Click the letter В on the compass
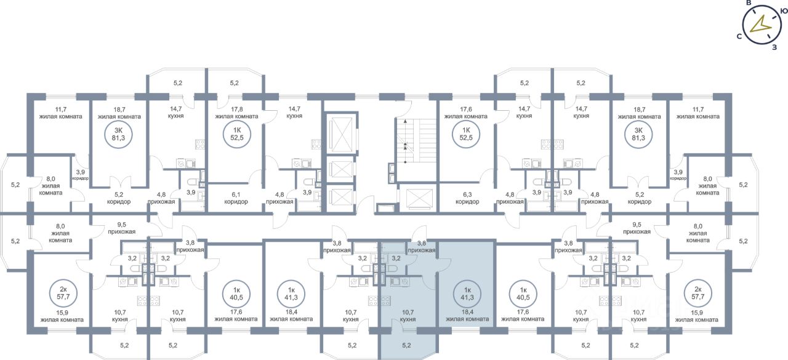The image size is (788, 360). pyautogui.click(x=749, y=3)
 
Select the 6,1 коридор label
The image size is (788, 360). pyautogui.click(x=236, y=197)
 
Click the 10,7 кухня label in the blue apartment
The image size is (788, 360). pyautogui.click(x=406, y=316)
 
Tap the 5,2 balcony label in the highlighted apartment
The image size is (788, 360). pyautogui.click(x=406, y=345)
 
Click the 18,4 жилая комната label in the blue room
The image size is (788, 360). pyautogui.click(x=467, y=315)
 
